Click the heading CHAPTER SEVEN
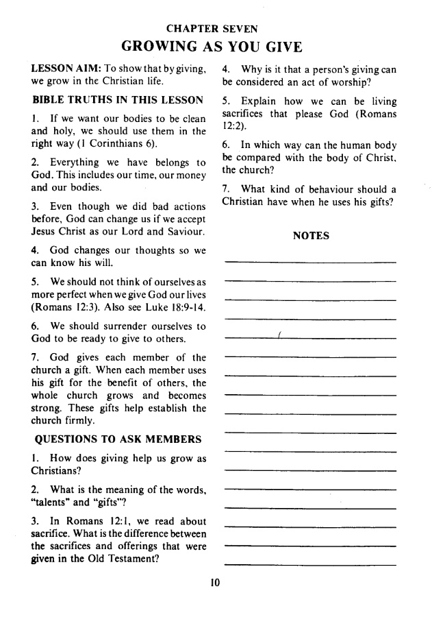[212, 29]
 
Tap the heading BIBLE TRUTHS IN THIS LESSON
[117, 99]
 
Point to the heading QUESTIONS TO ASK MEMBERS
[116, 439]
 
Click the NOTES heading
[311, 236]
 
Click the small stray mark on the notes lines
[280, 334]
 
